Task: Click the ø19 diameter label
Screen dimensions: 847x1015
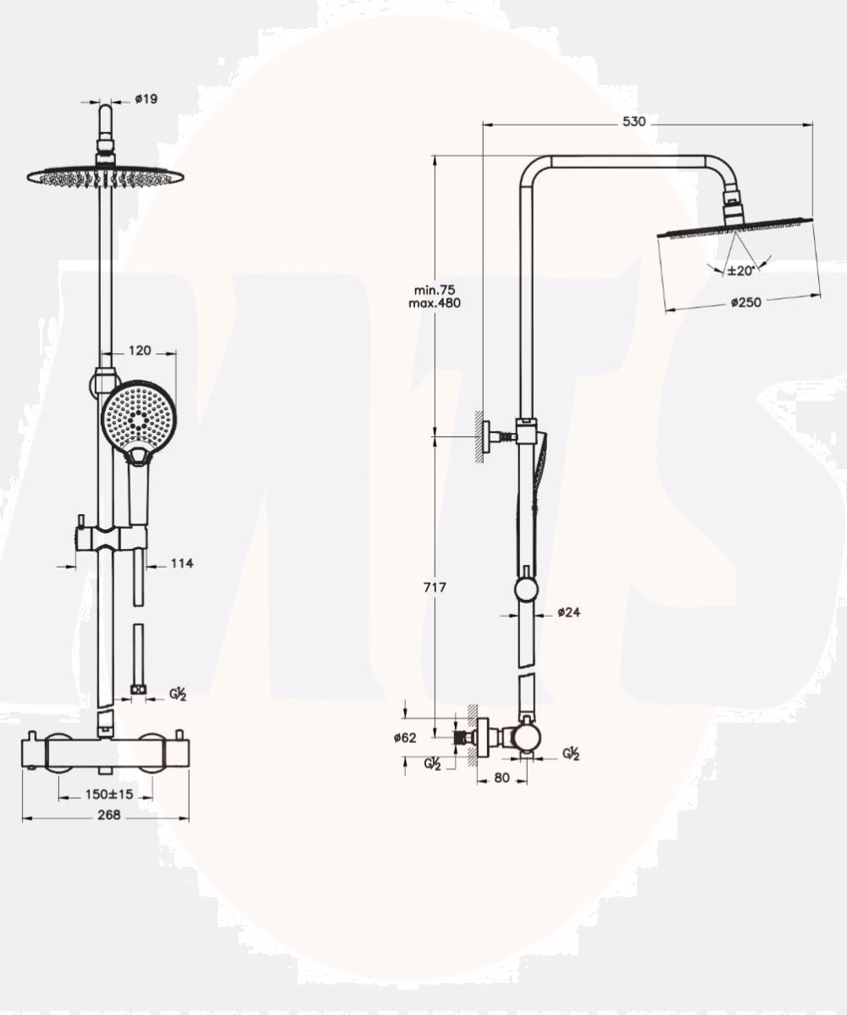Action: pos(146,99)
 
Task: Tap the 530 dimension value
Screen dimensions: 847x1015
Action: pos(634,122)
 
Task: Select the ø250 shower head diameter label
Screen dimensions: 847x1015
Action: pos(746,302)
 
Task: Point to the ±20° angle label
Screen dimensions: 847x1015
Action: pos(740,270)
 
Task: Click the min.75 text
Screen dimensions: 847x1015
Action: pos(435,290)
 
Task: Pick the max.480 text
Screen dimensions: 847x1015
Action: pos(435,303)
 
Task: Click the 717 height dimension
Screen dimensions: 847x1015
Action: pos(435,587)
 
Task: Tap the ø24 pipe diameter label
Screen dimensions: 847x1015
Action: pos(568,612)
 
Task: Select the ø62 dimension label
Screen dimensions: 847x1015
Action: pos(405,737)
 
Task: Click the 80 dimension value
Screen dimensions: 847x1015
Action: pos(501,778)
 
